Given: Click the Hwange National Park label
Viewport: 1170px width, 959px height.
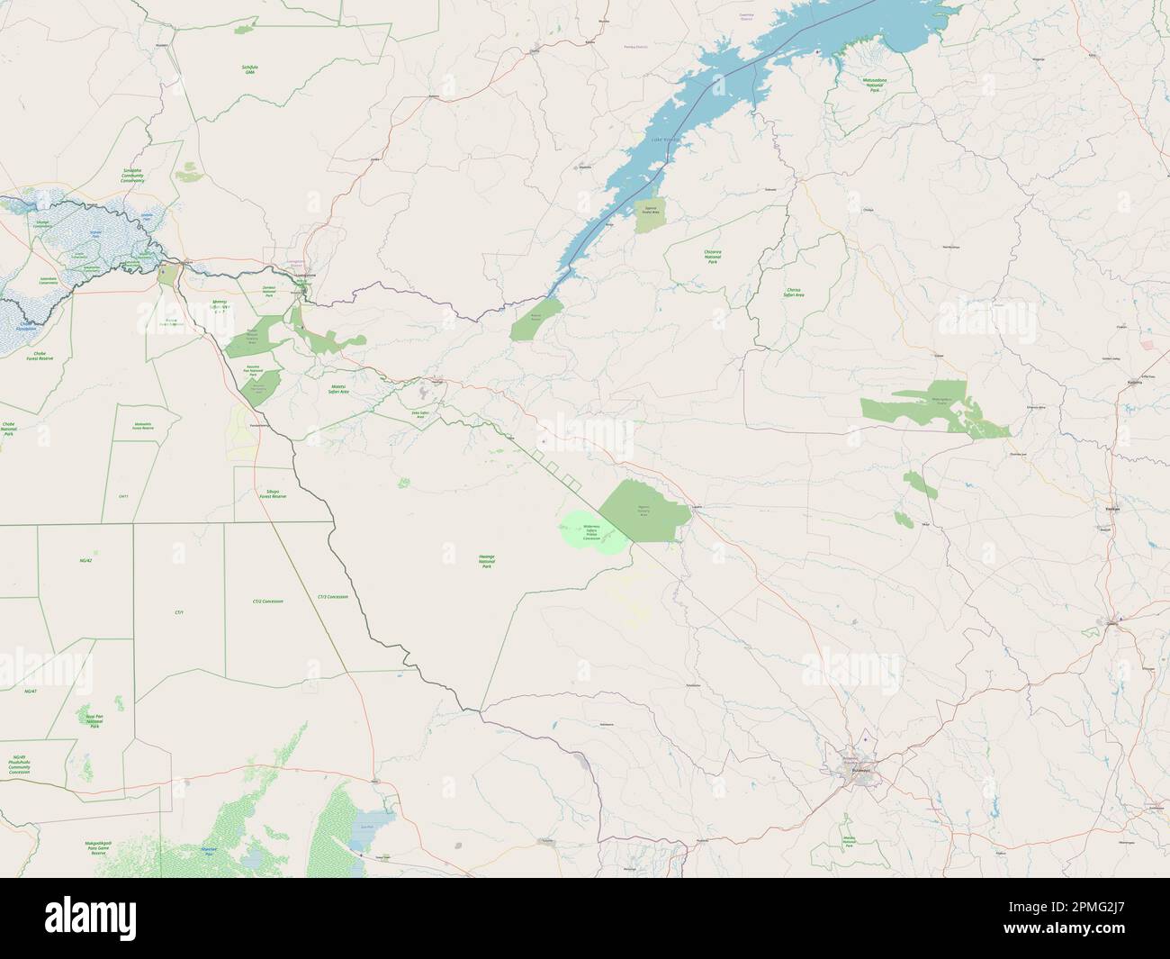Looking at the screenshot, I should pyautogui.click(x=487, y=562).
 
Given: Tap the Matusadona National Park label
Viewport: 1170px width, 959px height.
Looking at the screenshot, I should pyautogui.click(x=874, y=86).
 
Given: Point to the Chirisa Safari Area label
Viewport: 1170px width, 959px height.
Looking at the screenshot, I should pyautogui.click(x=793, y=292).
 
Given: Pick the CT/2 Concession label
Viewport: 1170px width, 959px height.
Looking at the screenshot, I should pyautogui.click(x=268, y=601).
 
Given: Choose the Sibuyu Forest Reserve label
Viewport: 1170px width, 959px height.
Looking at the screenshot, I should pyautogui.click(x=272, y=494).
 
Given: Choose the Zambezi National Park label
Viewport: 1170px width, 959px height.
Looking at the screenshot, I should pyautogui.click(x=268, y=289).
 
